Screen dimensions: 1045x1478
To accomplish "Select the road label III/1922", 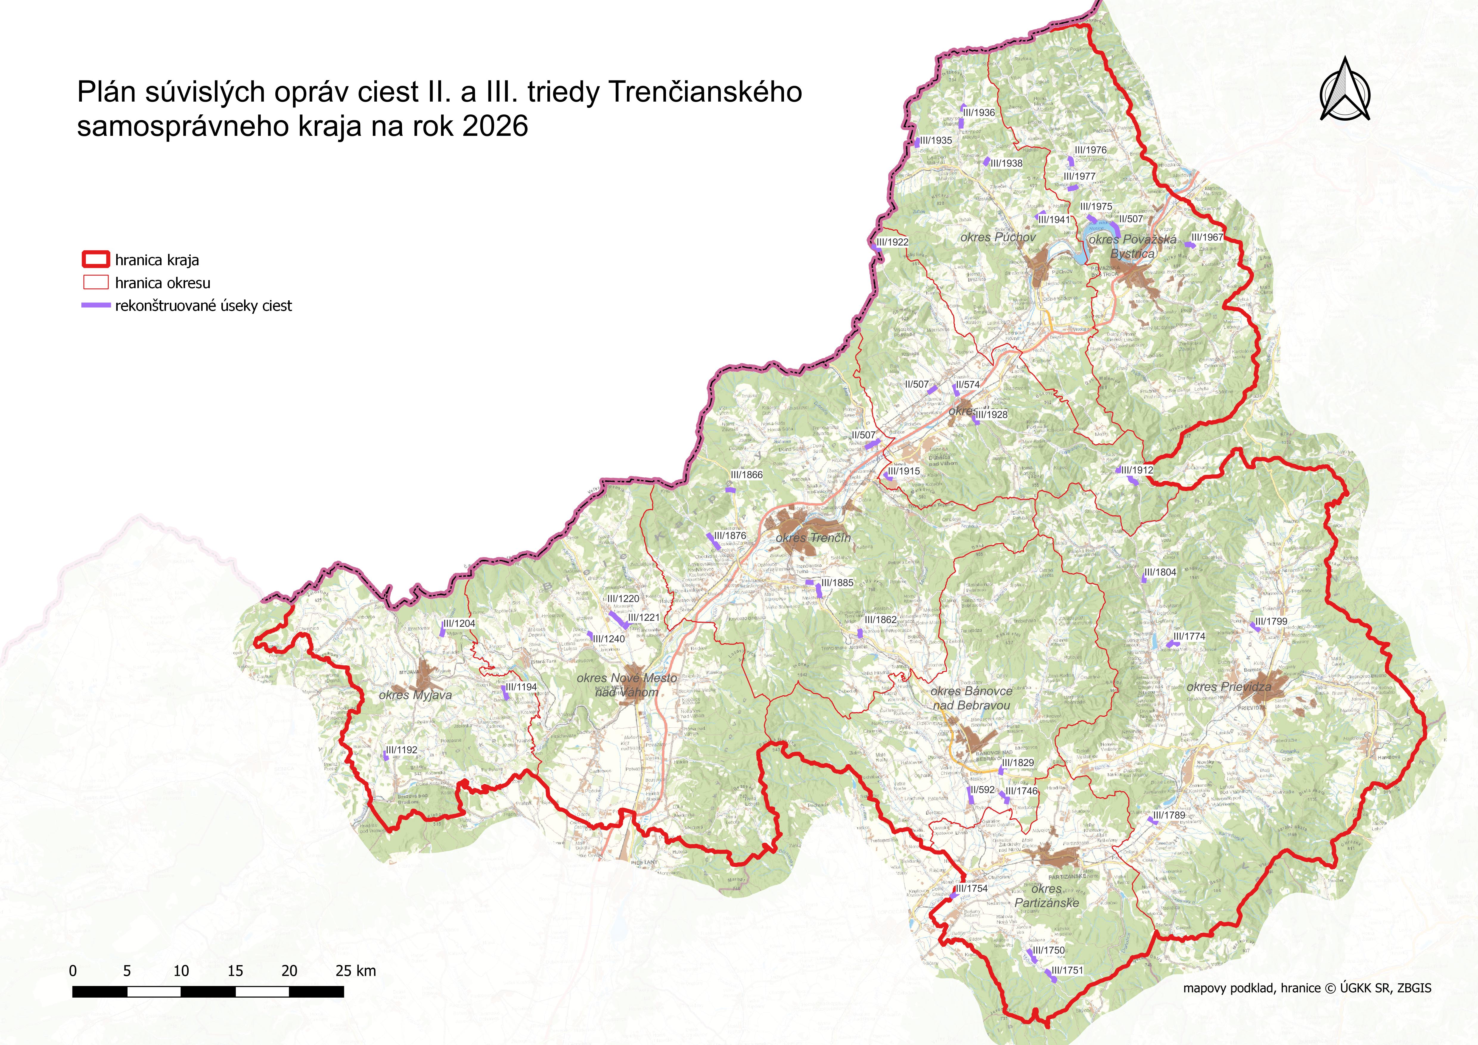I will tap(892, 242).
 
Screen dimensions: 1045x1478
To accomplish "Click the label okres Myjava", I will tap(415, 695).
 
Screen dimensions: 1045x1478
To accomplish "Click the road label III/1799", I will tap(1271, 621).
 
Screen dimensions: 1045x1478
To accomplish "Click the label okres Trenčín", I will tap(813, 538).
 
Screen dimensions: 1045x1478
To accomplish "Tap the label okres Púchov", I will tap(998, 237).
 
